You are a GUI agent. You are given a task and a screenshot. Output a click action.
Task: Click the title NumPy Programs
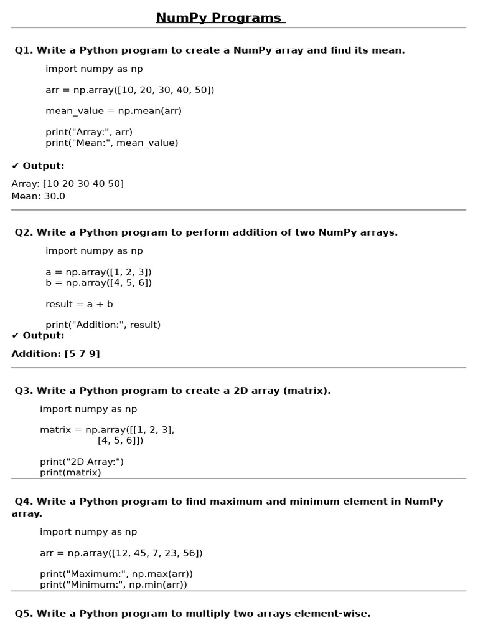220,18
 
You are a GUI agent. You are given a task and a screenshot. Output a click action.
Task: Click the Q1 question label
24,50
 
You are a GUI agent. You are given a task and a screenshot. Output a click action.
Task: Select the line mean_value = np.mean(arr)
113,111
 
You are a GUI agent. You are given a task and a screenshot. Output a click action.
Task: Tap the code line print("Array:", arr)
89,132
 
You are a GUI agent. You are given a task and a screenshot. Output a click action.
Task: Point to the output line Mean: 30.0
38,196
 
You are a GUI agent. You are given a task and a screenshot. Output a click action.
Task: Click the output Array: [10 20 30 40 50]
67,184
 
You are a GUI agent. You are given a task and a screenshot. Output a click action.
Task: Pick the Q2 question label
24,232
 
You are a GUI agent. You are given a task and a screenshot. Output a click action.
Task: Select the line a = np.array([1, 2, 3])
98,272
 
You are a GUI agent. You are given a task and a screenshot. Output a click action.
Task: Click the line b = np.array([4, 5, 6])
98,283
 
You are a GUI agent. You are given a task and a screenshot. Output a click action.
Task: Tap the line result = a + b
79,304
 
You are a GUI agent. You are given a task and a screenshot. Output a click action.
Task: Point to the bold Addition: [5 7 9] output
55,354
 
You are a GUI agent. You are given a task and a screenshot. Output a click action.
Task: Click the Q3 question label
24,391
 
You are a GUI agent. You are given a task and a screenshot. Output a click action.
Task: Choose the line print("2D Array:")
82,462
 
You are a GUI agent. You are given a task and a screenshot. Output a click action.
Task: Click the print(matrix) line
70,472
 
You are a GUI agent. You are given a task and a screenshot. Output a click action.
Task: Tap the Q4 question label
24,502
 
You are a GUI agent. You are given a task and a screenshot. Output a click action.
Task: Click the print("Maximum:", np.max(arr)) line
116,574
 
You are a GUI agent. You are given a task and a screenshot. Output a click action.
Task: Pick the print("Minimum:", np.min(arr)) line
113,584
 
